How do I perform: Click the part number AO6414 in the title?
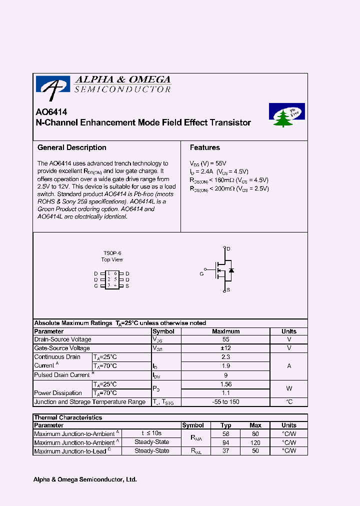[51, 112]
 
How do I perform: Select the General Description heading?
[72, 147]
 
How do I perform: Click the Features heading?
[204, 147]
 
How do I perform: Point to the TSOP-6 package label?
[112, 253]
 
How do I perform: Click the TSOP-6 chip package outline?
[111, 279]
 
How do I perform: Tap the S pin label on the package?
[127, 285]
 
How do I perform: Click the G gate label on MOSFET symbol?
[201, 274]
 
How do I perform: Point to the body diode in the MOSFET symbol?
[231, 270]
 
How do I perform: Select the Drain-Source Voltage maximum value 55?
[225, 339]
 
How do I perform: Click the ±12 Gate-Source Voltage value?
[225, 348]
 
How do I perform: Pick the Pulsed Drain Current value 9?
[225, 374]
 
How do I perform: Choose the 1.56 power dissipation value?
[225, 384]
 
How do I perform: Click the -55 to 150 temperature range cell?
[225, 402]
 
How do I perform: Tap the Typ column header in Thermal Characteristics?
[226, 425]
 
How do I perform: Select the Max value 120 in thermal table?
[255, 442]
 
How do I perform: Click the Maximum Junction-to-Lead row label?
[69, 451]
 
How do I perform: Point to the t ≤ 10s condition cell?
[151, 433]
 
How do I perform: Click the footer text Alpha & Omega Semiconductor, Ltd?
[85, 479]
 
